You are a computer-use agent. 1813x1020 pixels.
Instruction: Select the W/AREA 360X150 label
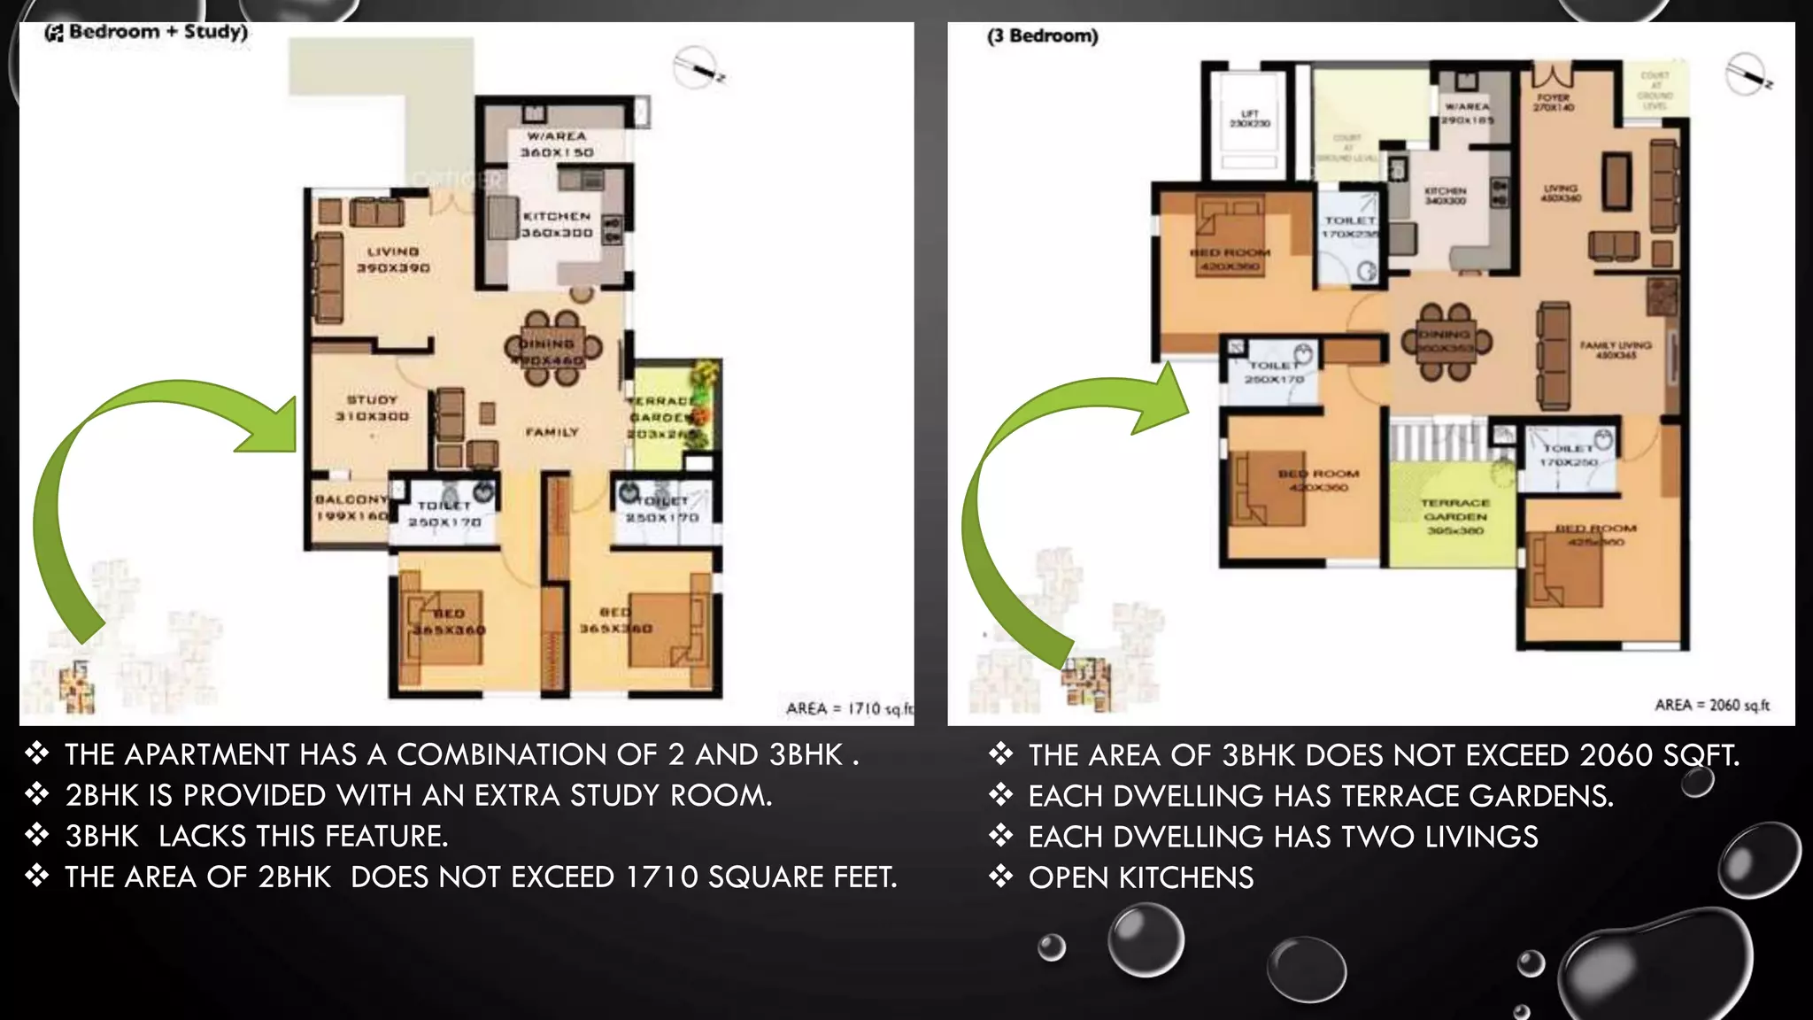tap(557, 144)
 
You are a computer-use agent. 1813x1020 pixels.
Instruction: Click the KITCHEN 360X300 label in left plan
tap(557, 224)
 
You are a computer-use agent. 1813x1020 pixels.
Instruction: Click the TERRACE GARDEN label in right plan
tap(1455, 516)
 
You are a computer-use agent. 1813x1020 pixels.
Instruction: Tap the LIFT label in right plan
tap(1249, 119)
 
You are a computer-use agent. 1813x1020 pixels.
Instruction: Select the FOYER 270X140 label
tap(1554, 102)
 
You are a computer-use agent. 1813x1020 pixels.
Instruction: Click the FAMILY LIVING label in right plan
tap(1616, 350)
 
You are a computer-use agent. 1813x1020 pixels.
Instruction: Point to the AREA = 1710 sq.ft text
tap(848, 708)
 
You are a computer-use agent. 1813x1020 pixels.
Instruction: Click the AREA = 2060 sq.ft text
tap(1712, 705)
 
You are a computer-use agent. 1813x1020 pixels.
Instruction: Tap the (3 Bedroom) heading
tap(1043, 36)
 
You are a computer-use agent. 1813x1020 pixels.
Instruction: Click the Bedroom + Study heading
tap(147, 32)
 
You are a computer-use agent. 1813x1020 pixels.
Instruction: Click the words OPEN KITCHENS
tap(1140, 877)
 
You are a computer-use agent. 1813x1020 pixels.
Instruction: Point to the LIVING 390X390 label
tap(393, 259)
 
